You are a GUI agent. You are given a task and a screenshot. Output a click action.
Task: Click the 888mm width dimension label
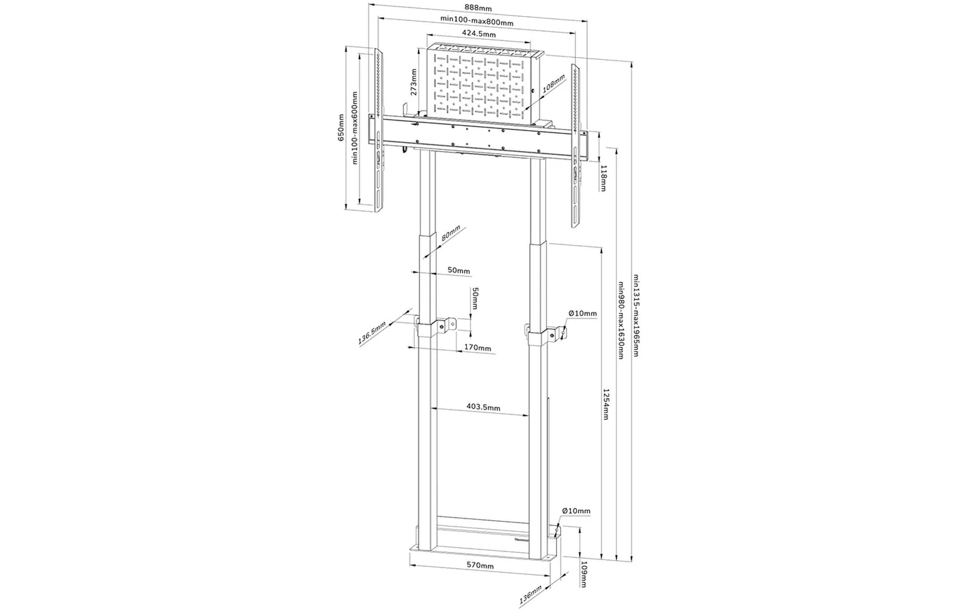pyautogui.click(x=478, y=8)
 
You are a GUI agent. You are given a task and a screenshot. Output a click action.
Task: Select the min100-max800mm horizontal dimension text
pyautogui.click(x=477, y=21)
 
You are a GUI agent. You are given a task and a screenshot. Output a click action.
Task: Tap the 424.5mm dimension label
pyautogui.click(x=478, y=34)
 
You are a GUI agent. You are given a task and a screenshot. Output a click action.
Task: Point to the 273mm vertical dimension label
pyautogui.click(x=414, y=82)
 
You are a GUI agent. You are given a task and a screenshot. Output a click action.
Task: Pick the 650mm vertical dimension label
pyautogui.click(x=341, y=128)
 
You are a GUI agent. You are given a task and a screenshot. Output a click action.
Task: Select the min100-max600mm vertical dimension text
pyautogui.click(x=355, y=128)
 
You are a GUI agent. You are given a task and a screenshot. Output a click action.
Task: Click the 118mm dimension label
pyautogui.click(x=603, y=178)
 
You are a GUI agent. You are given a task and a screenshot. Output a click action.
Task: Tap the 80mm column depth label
pyautogui.click(x=451, y=233)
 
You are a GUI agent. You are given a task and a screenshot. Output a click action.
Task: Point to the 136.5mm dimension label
pyautogui.click(x=372, y=332)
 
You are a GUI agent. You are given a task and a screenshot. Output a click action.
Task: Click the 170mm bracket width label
pyautogui.click(x=477, y=347)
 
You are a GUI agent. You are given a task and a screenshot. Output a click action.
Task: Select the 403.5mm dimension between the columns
pyautogui.click(x=483, y=407)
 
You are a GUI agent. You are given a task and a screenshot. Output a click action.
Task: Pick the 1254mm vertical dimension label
pyautogui.click(x=606, y=404)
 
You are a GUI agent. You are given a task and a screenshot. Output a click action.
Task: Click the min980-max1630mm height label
pyautogui.click(x=621, y=320)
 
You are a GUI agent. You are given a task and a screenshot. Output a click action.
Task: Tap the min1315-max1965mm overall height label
pyautogui.click(x=636, y=315)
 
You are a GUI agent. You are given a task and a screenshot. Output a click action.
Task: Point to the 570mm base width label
pyautogui.click(x=480, y=565)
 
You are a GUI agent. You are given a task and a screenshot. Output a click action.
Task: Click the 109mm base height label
pyautogui.click(x=584, y=574)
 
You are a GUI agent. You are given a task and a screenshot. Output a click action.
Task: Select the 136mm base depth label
pyautogui.click(x=530, y=595)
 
